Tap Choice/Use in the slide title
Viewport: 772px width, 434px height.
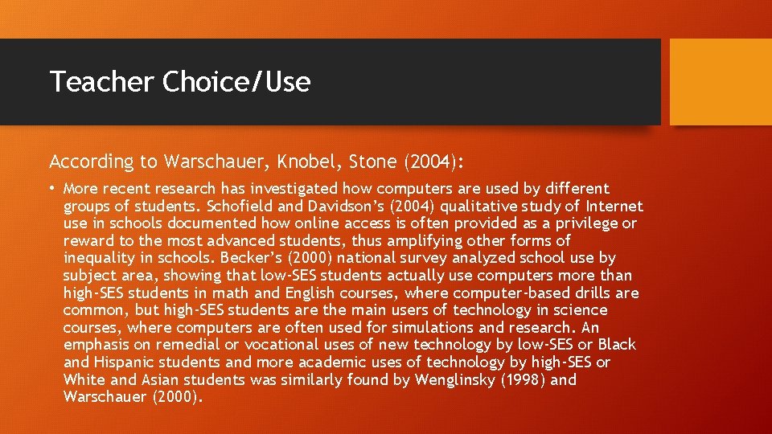click(236, 82)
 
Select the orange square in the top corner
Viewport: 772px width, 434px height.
click(721, 82)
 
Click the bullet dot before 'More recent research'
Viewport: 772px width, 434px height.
click(53, 189)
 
